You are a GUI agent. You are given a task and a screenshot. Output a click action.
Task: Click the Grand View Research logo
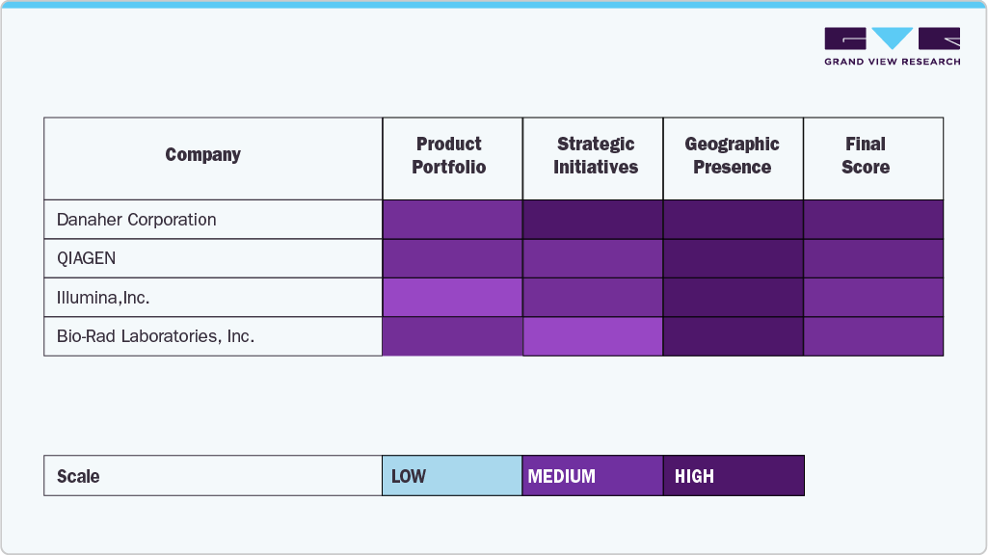coord(892,46)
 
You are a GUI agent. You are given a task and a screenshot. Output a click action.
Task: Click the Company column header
coord(202,155)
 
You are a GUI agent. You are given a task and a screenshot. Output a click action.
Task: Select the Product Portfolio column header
coord(449,155)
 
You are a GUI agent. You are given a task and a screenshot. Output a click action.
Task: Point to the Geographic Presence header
coord(733,155)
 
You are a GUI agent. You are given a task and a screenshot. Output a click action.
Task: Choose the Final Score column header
coord(866,155)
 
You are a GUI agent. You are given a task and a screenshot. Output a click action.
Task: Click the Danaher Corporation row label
coord(136,220)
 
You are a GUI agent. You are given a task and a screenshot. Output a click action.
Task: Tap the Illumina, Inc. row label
coord(103,298)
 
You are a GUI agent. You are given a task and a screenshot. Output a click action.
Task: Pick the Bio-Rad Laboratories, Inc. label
coord(155,337)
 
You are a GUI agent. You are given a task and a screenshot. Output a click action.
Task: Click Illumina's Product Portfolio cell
coord(453,298)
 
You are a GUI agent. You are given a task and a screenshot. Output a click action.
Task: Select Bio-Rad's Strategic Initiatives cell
coord(593,336)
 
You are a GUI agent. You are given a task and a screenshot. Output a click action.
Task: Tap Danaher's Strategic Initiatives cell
coord(593,220)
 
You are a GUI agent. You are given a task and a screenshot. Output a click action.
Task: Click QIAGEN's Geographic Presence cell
coord(734,259)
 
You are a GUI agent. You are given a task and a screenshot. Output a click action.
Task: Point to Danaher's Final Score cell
coord(873,220)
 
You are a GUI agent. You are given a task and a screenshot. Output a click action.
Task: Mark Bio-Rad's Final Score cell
coord(873,336)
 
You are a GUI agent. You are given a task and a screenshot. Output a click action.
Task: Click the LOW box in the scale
coord(452,476)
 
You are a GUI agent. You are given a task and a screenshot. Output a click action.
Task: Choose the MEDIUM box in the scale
coord(593,476)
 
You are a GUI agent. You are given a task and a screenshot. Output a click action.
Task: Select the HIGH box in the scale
coord(734,476)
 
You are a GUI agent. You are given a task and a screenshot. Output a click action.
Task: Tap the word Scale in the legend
coord(78,477)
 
